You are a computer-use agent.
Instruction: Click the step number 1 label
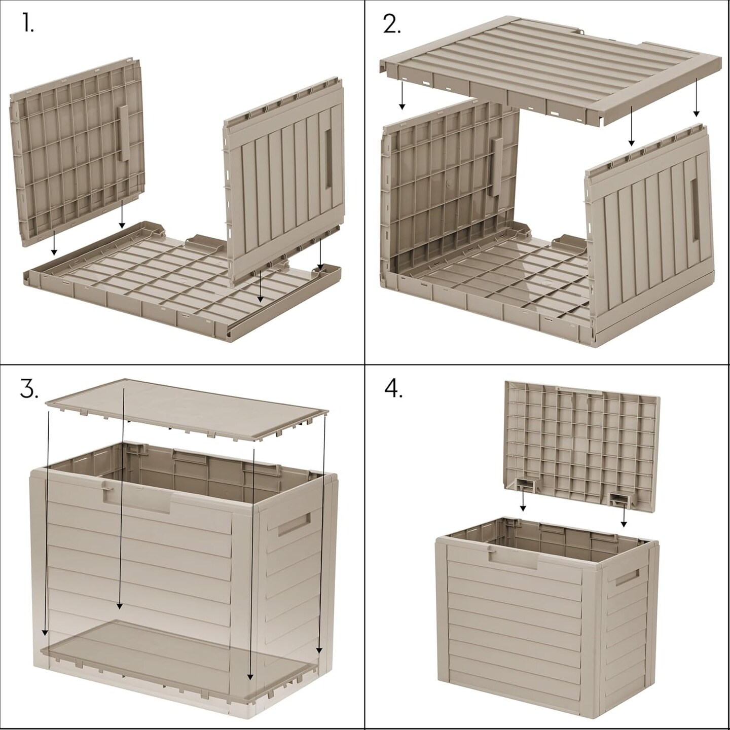tap(28, 24)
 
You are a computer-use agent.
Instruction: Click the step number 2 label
tap(391, 24)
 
